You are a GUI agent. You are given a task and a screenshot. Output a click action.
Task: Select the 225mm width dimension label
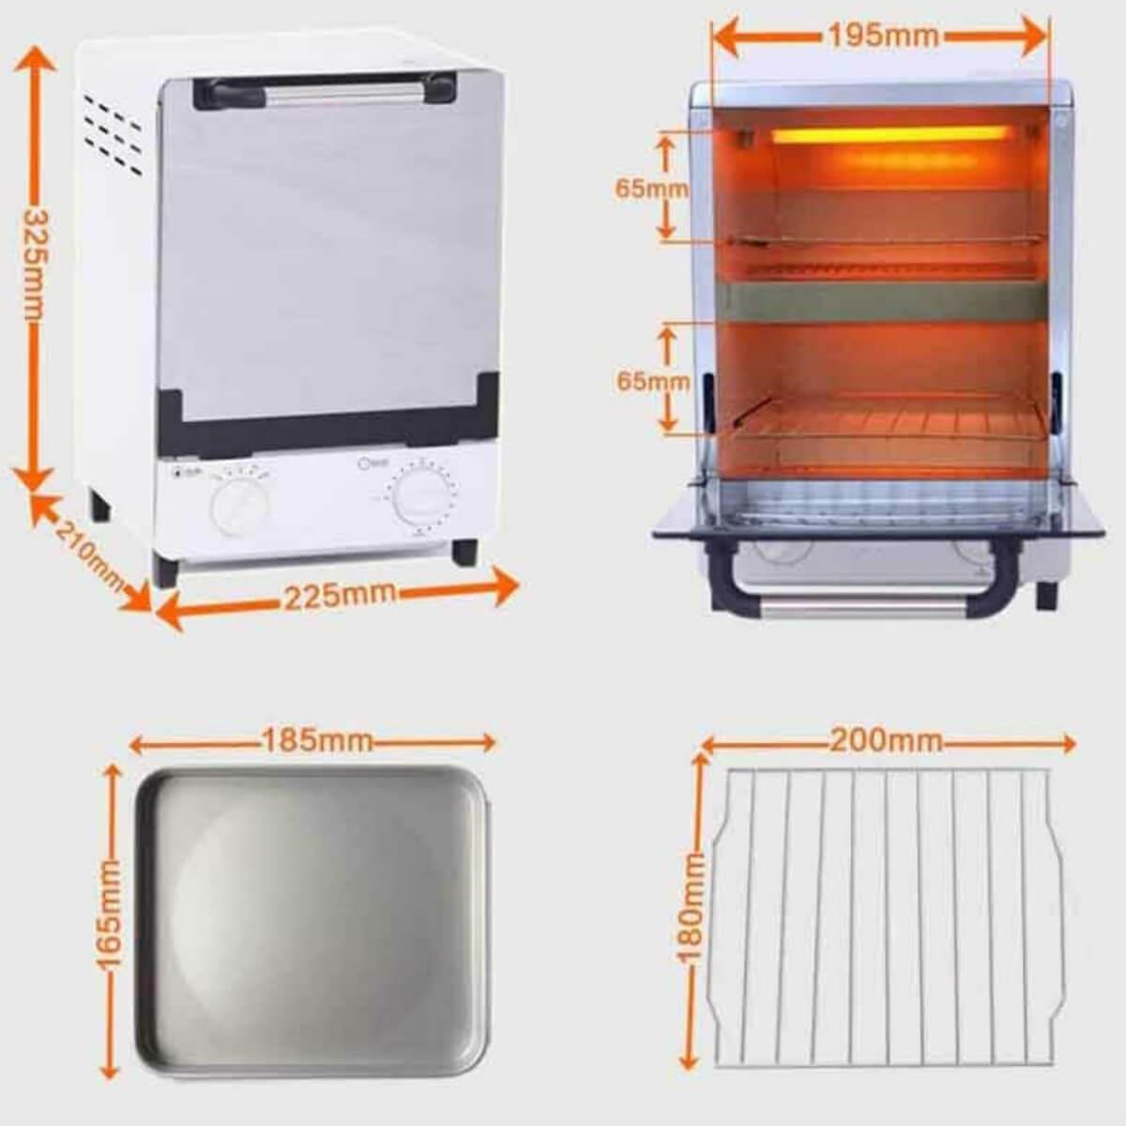pos(340,594)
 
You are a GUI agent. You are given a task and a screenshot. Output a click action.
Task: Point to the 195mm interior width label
pos(882,36)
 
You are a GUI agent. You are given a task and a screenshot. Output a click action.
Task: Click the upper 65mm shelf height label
pos(650,189)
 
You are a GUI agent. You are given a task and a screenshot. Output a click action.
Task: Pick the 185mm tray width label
pos(316,742)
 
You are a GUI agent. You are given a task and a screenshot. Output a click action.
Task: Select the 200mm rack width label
pos(885,740)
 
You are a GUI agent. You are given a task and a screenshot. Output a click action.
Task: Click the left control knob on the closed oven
pos(236,507)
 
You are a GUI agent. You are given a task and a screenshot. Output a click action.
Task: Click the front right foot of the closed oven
pos(464,551)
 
